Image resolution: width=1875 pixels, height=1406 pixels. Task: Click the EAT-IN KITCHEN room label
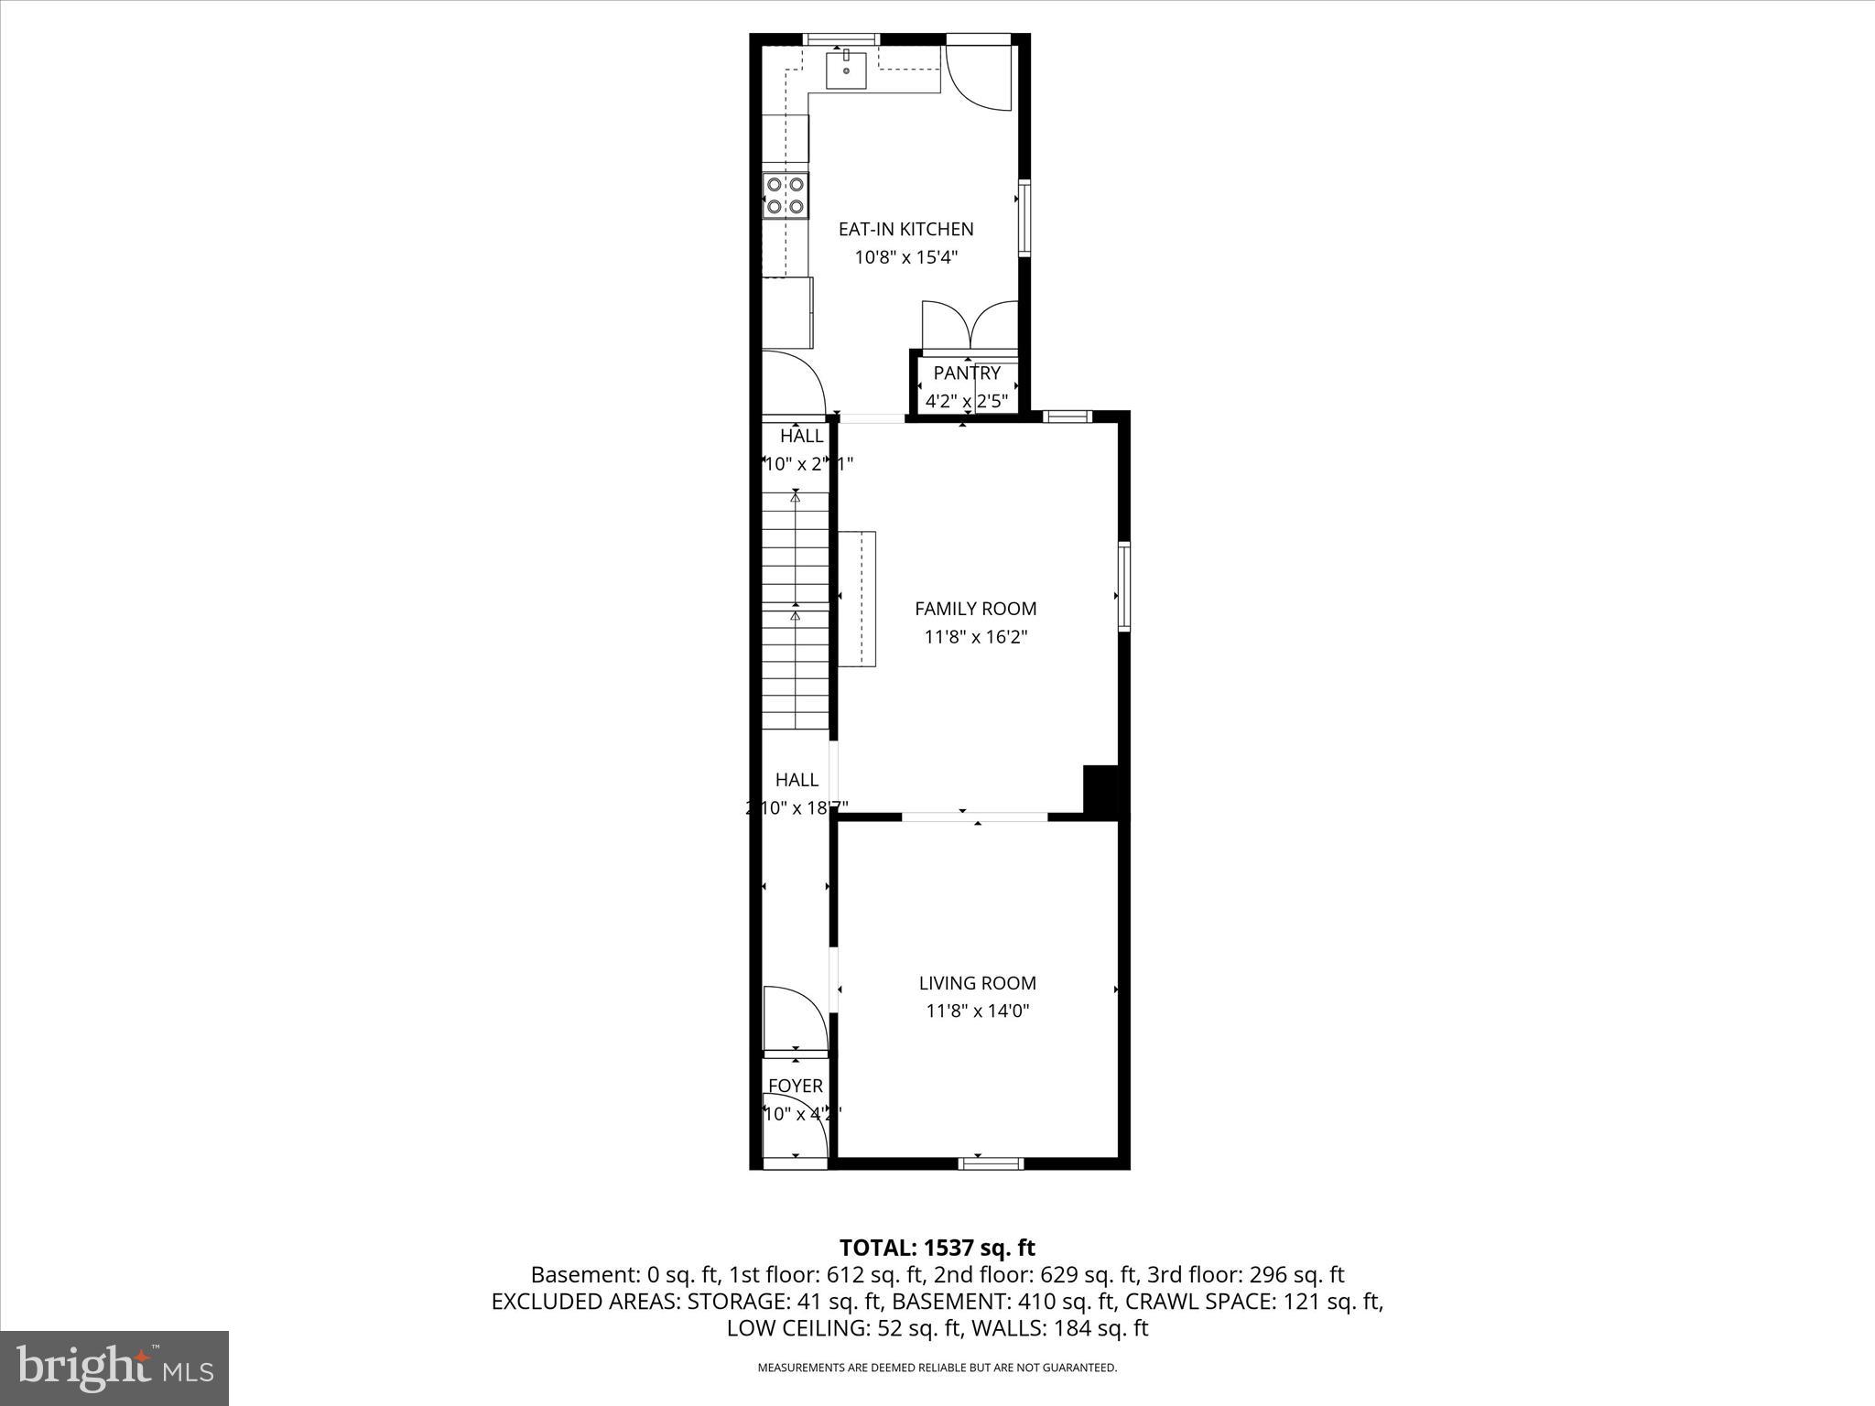coord(905,229)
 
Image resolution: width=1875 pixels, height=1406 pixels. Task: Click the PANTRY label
coord(967,373)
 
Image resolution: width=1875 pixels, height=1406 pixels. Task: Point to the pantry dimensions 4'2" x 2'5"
coord(967,401)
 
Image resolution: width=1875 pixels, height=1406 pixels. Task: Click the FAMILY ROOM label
coord(976,609)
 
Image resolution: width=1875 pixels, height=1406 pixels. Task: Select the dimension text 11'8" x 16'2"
coord(976,637)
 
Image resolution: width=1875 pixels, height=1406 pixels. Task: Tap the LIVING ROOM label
coord(977,983)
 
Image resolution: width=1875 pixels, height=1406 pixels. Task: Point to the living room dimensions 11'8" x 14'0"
coord(977,1011)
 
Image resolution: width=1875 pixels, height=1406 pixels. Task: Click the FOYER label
coord(795,1086)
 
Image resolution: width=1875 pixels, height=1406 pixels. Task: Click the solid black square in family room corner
coord(1100,788)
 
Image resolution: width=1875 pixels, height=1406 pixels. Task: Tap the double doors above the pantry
coord(970,327)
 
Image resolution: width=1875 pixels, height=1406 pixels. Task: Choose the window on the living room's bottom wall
coord(991,1163)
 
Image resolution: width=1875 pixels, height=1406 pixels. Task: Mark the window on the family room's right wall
coord(1123,586)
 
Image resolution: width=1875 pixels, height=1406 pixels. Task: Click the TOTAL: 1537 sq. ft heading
coord(937,1248)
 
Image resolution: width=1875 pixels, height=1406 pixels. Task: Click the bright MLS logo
coord(114,1368)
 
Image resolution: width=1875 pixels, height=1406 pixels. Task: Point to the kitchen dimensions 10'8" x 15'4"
coord(905,257)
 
